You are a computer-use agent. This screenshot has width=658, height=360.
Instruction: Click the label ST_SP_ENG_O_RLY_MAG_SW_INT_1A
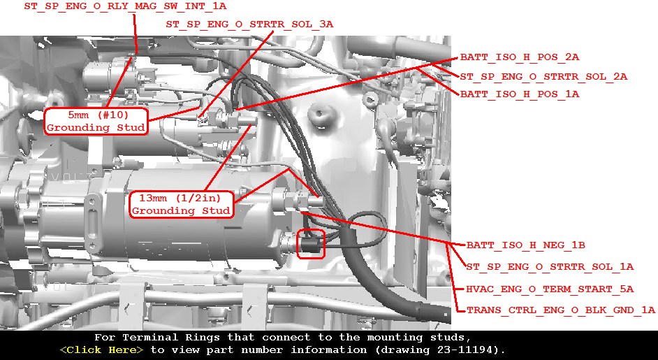pos(125,6)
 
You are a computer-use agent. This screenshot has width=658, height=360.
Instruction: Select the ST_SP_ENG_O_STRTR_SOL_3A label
pos(249,24)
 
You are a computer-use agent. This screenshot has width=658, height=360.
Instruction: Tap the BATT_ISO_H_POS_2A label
pos(520,57)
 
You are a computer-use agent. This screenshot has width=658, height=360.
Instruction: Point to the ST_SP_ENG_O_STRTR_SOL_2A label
pos(543,76)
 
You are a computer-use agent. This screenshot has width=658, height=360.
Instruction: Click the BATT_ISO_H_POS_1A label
pos(520,94)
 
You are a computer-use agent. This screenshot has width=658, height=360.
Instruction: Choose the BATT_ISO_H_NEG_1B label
pos(526,245)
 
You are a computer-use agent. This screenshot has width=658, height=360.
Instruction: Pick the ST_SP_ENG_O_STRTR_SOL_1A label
pos(550,267)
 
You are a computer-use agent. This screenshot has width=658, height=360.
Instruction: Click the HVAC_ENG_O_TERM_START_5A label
pos(550,289)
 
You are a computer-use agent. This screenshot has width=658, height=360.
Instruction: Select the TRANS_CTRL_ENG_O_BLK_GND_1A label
pos(561,310)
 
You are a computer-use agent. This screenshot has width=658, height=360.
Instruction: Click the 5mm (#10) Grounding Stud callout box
pos(96,122)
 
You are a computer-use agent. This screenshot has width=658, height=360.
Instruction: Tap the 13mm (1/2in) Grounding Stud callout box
pos(182,204)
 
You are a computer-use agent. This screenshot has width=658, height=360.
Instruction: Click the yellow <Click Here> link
pos(101,350)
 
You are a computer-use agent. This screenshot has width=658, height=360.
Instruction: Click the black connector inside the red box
pos(311,244)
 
